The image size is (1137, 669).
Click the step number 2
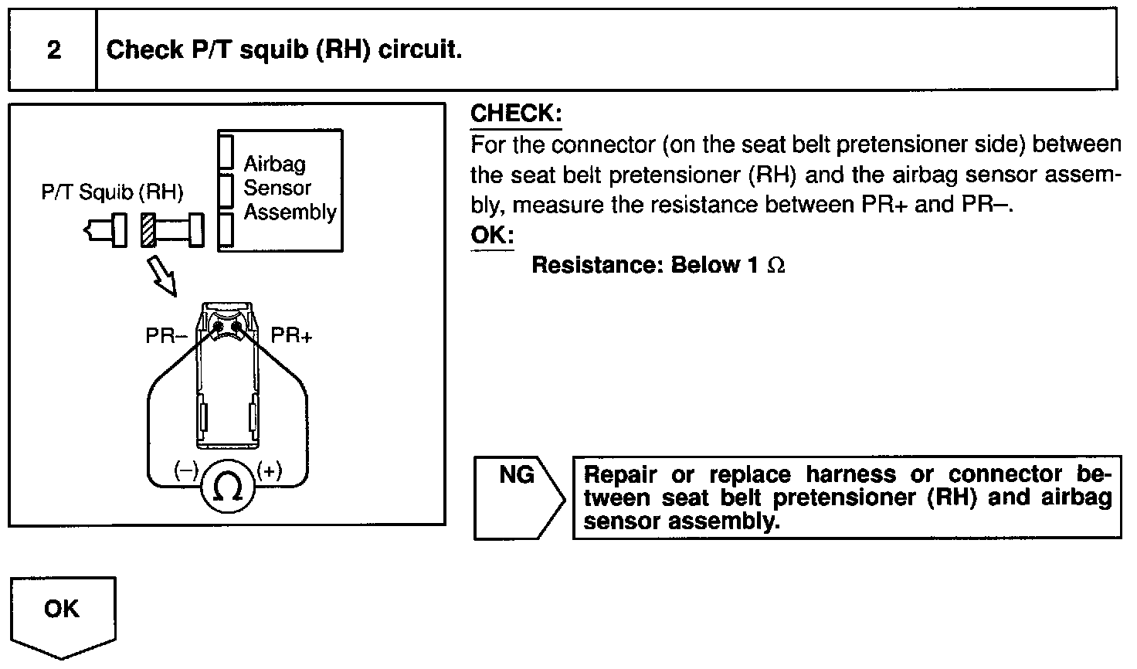(53, 51)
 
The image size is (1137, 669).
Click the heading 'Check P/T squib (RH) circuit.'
(283, 51)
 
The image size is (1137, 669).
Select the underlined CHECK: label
(516, 114)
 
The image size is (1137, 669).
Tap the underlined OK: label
(492, 235)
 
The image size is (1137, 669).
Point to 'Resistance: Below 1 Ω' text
(657, 265)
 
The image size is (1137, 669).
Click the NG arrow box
(518, 497)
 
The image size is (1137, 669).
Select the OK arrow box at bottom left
(62, 615)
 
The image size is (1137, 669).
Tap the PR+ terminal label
(291, 336)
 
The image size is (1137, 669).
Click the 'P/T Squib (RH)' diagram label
(112, 192)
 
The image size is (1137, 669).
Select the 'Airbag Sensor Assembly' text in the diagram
(290, 188)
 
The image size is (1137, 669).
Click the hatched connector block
(149, 229)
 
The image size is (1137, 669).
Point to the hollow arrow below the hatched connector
(162, 276)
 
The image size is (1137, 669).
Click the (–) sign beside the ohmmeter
(186, 470)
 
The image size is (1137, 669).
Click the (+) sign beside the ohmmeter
(269, 470)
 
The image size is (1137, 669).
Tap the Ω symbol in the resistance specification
(776, 266)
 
